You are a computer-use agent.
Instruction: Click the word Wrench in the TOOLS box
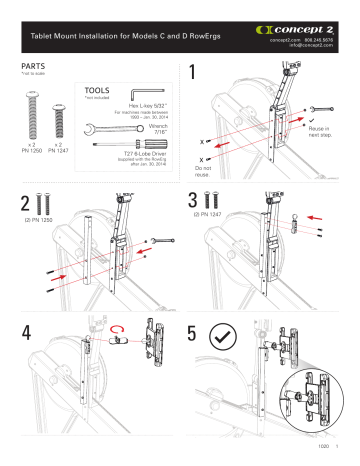coord(149,124)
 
